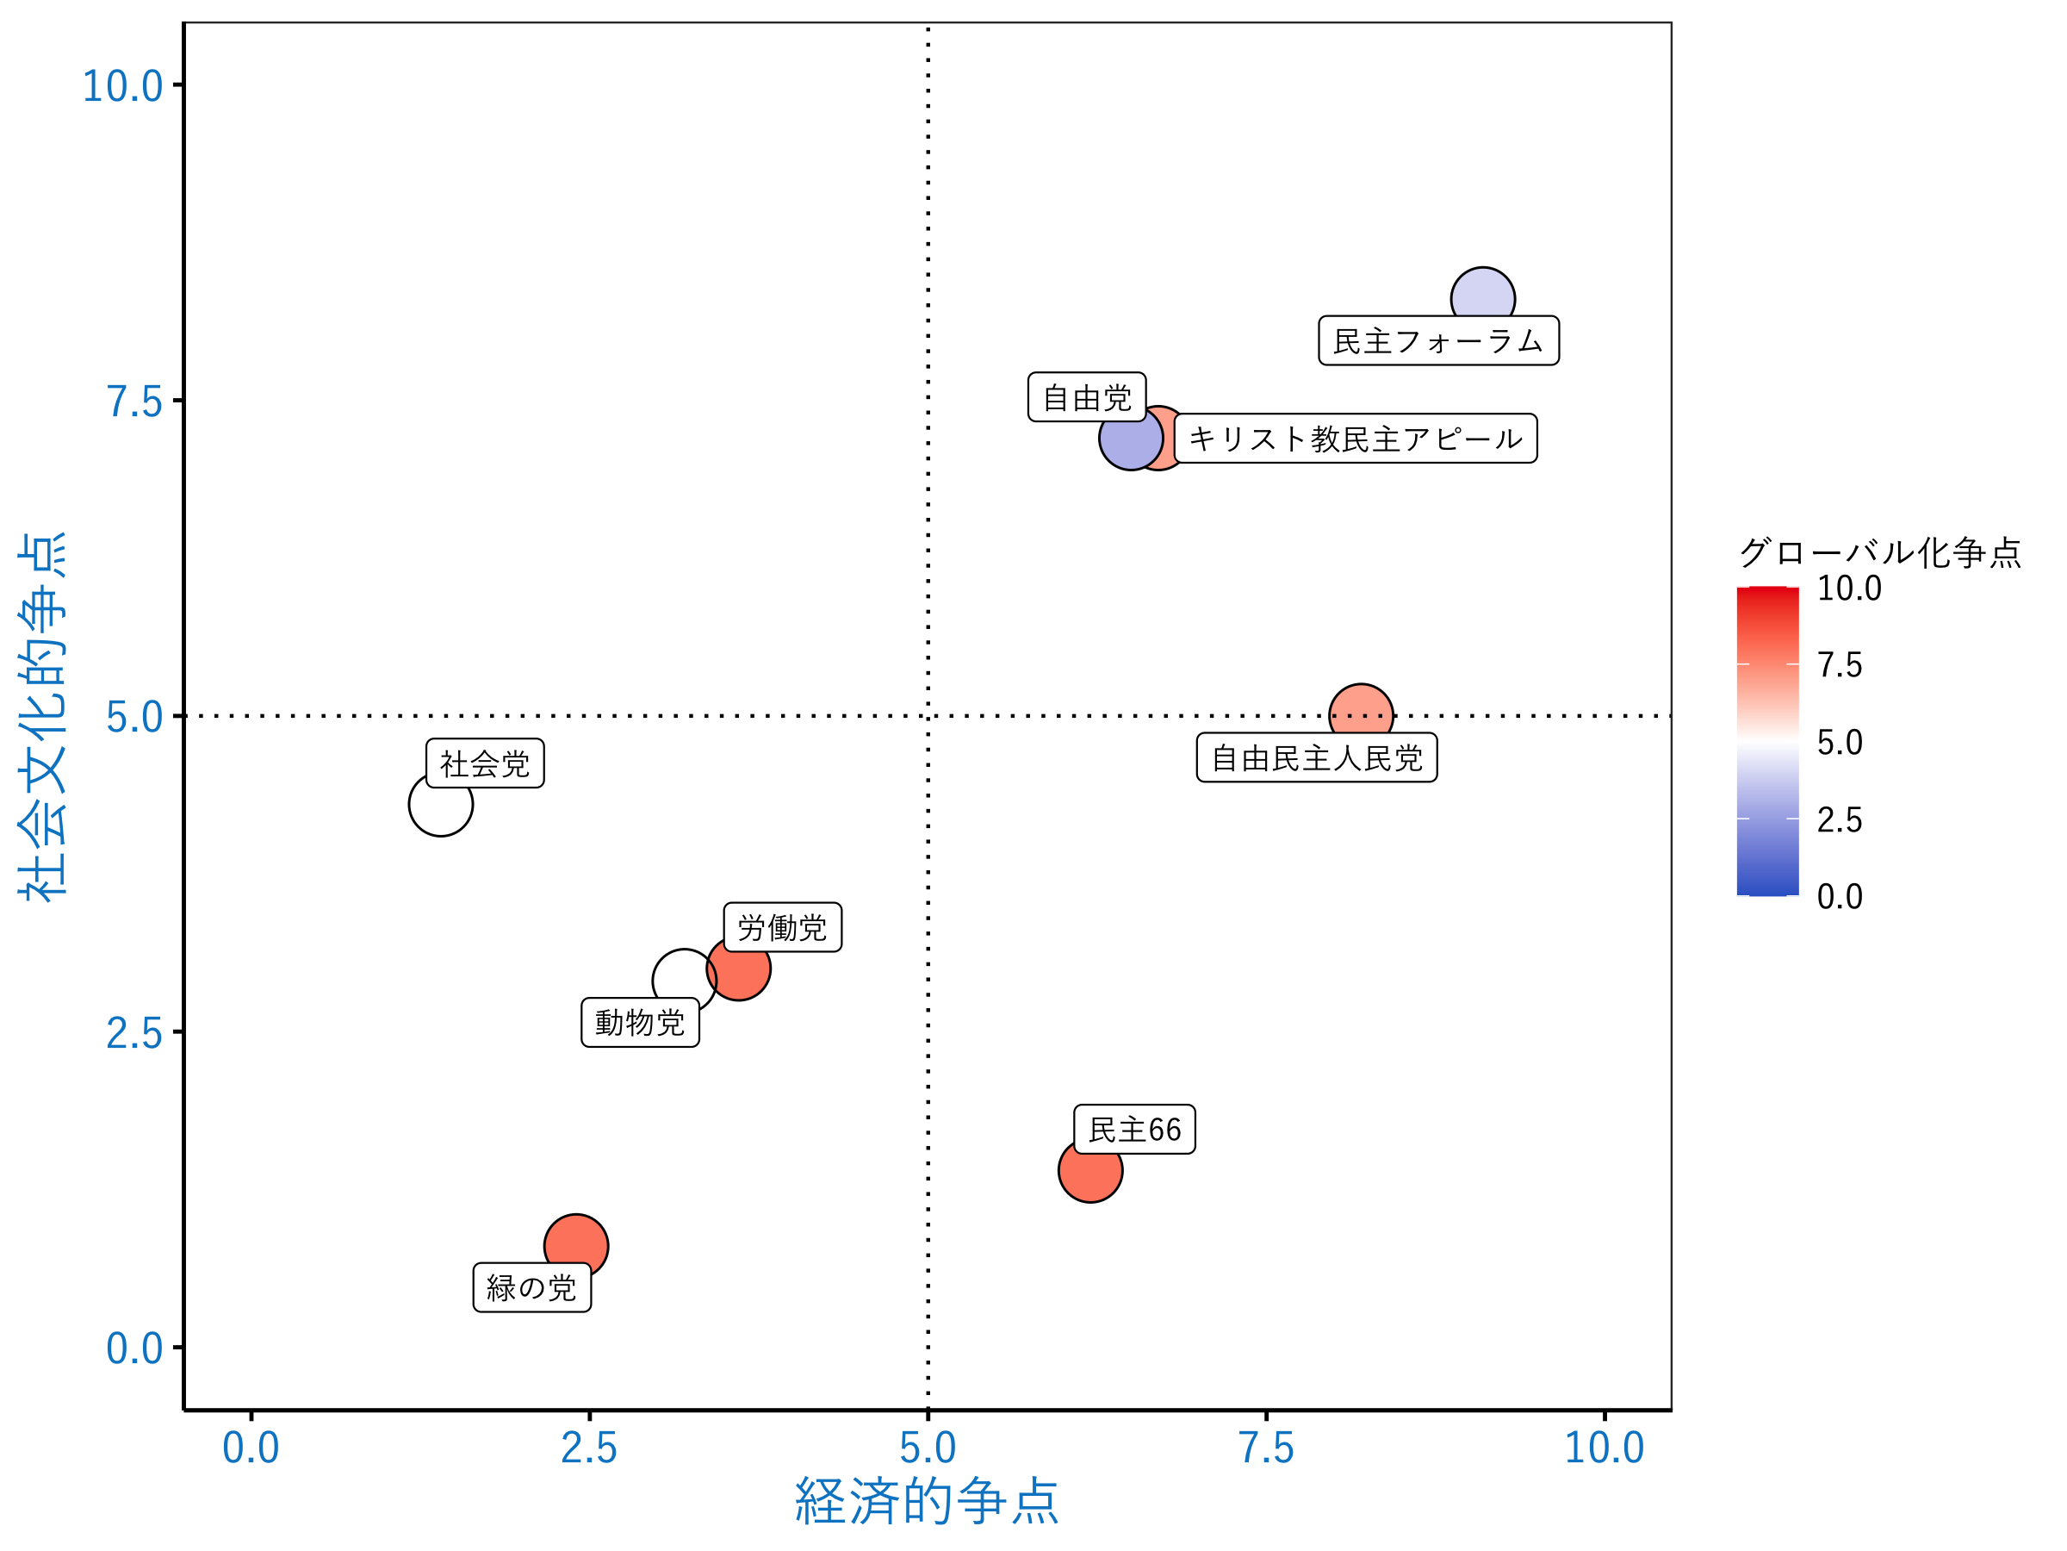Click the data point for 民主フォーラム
[x=1482, y=297]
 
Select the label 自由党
[x=1086, y=397]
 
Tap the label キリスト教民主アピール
[x=1355, y=439]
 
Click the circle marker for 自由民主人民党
[x=1361, y=714]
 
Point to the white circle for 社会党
[x=440, y=804]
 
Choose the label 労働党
[x=782, y=927]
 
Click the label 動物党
[x=640, y=1023]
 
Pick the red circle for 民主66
[x=1089, y=1170]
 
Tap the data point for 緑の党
[x=575, y=1246]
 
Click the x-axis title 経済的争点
[x=926, y=1501]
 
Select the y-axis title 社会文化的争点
[x=43, y=716]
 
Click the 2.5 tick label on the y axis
[x=134, y=1034]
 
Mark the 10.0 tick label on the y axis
[x=122, y=87]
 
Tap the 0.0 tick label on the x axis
[x=251, y=1448]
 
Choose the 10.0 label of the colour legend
[x=1848, y=588]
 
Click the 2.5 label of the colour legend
[x=1839, y=820]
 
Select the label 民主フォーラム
[x=1438, y=341]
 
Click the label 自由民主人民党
[x=1316, y=758]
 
